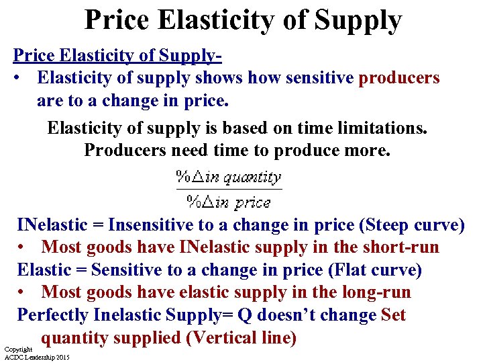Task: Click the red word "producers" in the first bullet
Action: tap(399, 78)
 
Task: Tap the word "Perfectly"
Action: tap(53, 315)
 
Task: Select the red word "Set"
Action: tap(393, 315)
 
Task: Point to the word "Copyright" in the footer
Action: tap(18, 350)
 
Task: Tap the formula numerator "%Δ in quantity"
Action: tap(229, 178)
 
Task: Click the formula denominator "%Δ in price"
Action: tap(229, 202)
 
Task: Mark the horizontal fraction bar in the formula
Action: tap(229, 190)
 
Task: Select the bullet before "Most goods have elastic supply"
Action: tap(23, 293)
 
